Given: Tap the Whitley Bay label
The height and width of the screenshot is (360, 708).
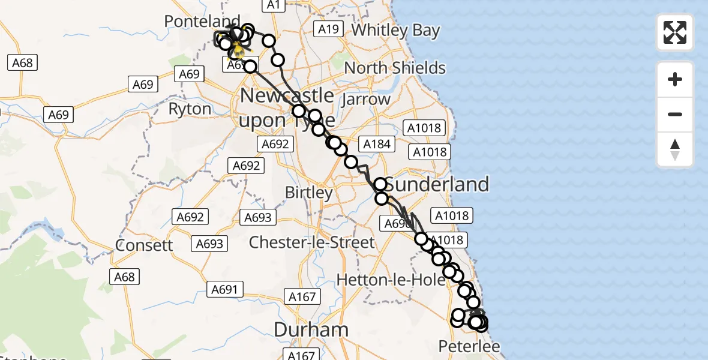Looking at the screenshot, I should point(395,31).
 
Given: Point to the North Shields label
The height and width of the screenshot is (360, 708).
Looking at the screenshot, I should point(395,68).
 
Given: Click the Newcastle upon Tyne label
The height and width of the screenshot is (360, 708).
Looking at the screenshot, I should point(287,108).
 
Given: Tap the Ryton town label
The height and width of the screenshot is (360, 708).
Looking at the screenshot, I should point(190,109).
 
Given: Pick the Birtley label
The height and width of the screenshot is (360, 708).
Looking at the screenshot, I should point(308,193).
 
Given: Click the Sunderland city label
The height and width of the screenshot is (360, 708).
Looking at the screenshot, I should point(437,184).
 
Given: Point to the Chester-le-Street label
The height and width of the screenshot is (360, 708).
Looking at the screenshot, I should point(311,242).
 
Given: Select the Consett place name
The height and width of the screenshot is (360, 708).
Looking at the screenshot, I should point(144,245).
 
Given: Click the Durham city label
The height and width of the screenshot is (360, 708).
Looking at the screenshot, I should point(311,329).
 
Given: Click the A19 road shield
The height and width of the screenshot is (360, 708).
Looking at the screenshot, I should point(329,29).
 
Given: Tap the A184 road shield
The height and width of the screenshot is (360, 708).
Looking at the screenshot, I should point(376,143).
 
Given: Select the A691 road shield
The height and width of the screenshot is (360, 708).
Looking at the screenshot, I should point(225,290).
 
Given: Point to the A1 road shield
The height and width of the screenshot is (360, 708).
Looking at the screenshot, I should point(273,5).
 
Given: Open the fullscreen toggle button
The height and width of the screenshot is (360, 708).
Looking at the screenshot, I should point(675,32).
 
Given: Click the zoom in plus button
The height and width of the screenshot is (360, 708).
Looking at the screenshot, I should point(675,79).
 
